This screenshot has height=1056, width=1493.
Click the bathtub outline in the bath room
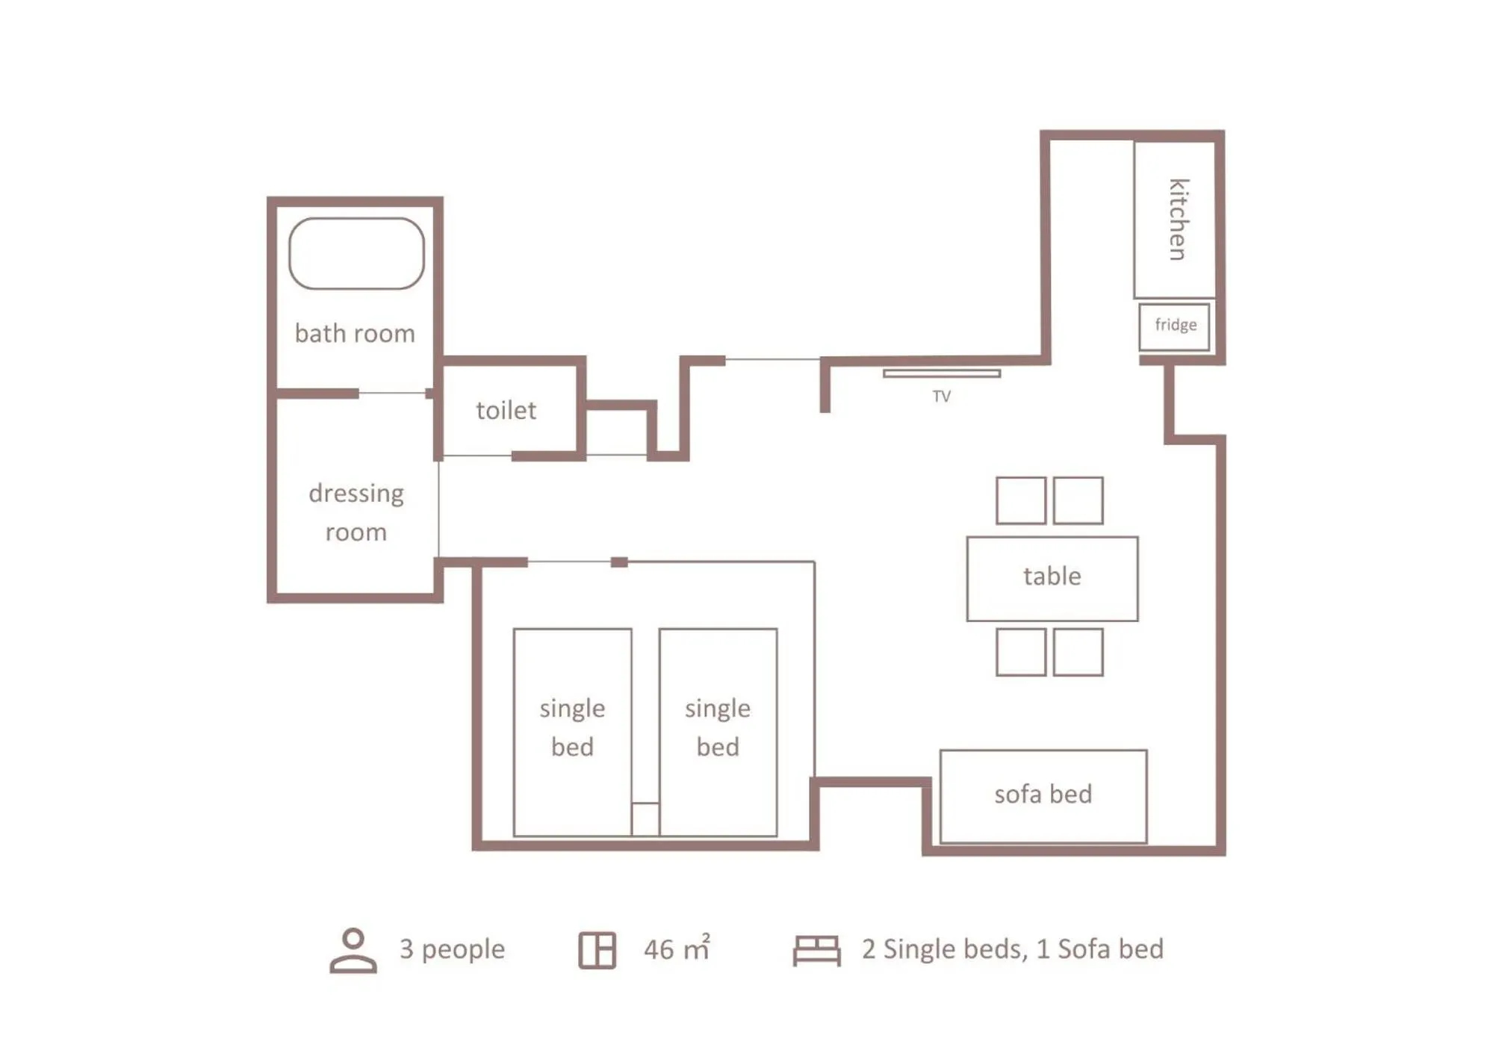click(x=356, y=253)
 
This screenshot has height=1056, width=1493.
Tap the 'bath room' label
click(x=355, y=333)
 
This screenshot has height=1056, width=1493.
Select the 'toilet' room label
click(x=506, y=410)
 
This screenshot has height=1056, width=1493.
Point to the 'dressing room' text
click(x=356, y=512)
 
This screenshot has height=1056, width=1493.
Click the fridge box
click(x=1174, y=326)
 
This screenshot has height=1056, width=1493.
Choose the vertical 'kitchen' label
click(x=1177, y=220)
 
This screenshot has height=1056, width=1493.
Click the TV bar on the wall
click(x=941, y=373)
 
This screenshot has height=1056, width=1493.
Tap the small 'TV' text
click(x=941, y=397)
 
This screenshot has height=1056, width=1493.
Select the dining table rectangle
click(x=1052, y=578)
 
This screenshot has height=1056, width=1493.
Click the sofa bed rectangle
click(x=1043, y=795)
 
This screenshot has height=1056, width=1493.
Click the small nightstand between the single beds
click(x=645, y=819)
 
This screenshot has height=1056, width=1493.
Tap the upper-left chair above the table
click(x=1020, y=500)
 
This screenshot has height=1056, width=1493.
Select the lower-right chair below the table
click(x=1078, y=652)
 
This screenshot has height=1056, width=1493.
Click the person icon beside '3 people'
click(x=353, y=950)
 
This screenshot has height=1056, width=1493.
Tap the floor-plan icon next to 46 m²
click(x=597, y=950)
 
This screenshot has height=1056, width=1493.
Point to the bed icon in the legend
click(x=816, y=950)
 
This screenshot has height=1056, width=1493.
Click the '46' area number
click(x=659, y=949)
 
